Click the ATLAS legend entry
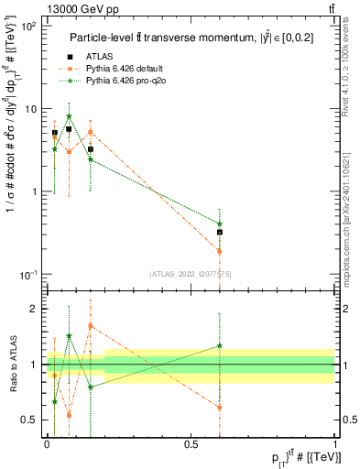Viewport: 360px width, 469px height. pyautogui.click(x=110, y=56)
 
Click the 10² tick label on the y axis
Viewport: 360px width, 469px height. pyautogui.click(x=31, y=26)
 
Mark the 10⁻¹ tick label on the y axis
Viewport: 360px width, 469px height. pyautogui.click(x=31, y=275)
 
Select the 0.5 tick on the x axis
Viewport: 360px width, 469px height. pyautogui.click(x=191, y=444)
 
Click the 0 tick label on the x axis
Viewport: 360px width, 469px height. pyautogui.click(x=47, y=444)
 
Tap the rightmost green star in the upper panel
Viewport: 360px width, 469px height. pyautogui.click(x=220, y=224)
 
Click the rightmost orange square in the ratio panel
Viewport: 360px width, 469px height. pyautogui.click(x=220, y=408)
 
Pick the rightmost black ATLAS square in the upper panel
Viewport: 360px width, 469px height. pyautogui.click(x=220, y=233)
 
